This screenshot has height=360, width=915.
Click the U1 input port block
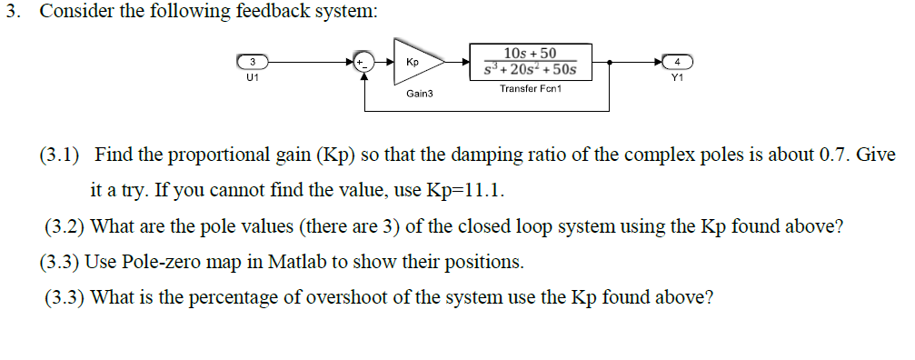252,62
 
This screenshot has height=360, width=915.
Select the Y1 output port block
677,62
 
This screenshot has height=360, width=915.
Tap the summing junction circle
364,62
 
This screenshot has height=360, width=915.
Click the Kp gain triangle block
415,62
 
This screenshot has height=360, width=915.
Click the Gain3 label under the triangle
419,94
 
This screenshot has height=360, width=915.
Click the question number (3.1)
59,155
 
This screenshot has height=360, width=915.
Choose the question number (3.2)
65,226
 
